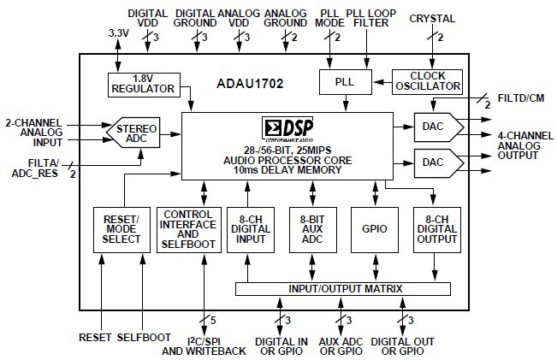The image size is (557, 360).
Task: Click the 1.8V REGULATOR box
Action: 141,83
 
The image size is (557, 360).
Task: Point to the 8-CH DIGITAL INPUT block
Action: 250,229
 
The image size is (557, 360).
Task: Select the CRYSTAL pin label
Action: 434,19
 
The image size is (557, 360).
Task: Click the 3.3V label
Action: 119,32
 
